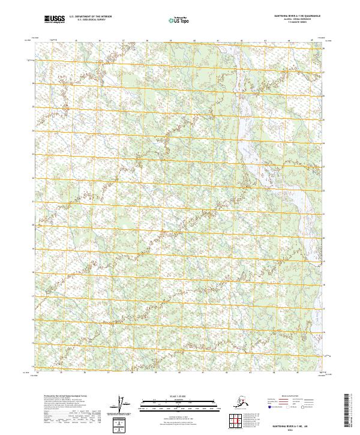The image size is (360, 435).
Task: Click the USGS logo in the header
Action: [55, 20]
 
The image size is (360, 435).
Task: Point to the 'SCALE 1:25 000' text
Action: [163, 396]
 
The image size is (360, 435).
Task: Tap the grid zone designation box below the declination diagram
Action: [121, 425]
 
